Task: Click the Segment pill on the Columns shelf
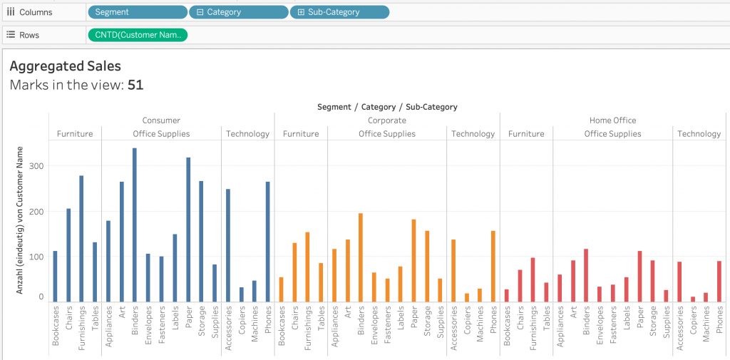tap(138, 12)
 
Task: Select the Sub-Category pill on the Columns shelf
tap(339, 12)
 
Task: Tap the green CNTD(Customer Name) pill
tap(138, 35)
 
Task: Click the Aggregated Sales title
tap(65, 66)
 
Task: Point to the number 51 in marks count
tap(135, 86)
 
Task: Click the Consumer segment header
tap(161, 120)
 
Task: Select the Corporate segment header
tap(387, 120)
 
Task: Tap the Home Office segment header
tap(612, 120)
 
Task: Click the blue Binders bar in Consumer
tap(135, 225)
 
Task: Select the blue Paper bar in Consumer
tap(188, 230)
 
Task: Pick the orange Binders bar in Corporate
tap(360, 257)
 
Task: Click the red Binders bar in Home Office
tap(586, 275)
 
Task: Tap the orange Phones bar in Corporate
tap(493, 267)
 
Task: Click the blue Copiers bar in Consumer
tap(241, 294)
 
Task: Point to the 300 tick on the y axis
tap(38, 166)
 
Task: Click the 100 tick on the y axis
tap(38, 257)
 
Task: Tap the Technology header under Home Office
tap(699, 133)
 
